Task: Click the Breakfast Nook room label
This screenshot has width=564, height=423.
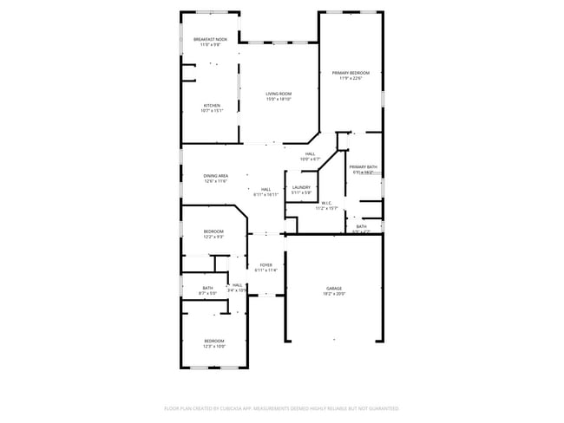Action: (x=210, y=39)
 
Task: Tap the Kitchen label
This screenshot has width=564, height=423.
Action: (x=212, y=106)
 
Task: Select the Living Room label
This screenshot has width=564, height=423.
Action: (x=279, y=94)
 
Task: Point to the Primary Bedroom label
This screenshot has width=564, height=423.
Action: (x=351, y=73)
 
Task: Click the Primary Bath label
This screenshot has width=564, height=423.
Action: (x=363, y=166)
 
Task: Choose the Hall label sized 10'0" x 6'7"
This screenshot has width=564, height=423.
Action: (x=310, y=153)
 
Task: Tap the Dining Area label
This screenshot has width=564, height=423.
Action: (x=216, y=176)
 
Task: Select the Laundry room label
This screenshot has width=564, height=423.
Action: (x=301, y=187)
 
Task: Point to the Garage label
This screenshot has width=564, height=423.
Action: (x=334, y=288)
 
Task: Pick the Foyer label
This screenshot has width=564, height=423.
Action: (x=266, y=265)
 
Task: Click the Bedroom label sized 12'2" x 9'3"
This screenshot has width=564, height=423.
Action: (x=213, y=231)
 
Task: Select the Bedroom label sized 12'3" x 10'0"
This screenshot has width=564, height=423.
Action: (x=214, y=341)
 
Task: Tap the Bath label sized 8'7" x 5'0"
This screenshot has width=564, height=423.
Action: (x=207, y=288)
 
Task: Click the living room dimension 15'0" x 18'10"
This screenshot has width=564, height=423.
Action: (x=279, y=100)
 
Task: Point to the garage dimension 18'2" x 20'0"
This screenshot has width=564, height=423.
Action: (x=334, y=294)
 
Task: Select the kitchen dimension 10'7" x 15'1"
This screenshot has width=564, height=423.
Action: (x=212, y=111)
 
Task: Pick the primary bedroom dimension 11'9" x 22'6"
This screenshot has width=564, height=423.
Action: (x=351, y=79)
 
